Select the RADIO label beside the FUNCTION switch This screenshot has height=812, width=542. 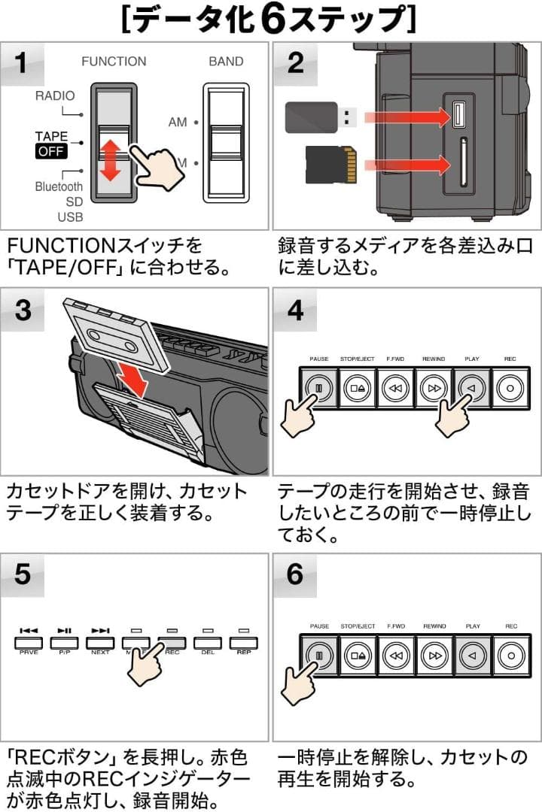point(54,96)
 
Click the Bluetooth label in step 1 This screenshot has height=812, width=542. point(59,186)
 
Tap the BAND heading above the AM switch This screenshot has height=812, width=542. point(226,62)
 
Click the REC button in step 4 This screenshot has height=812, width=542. point(511,389)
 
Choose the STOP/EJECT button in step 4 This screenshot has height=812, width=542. point(357,389)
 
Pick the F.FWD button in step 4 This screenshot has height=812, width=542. point(395,389)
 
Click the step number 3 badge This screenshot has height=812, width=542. point(23,310)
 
